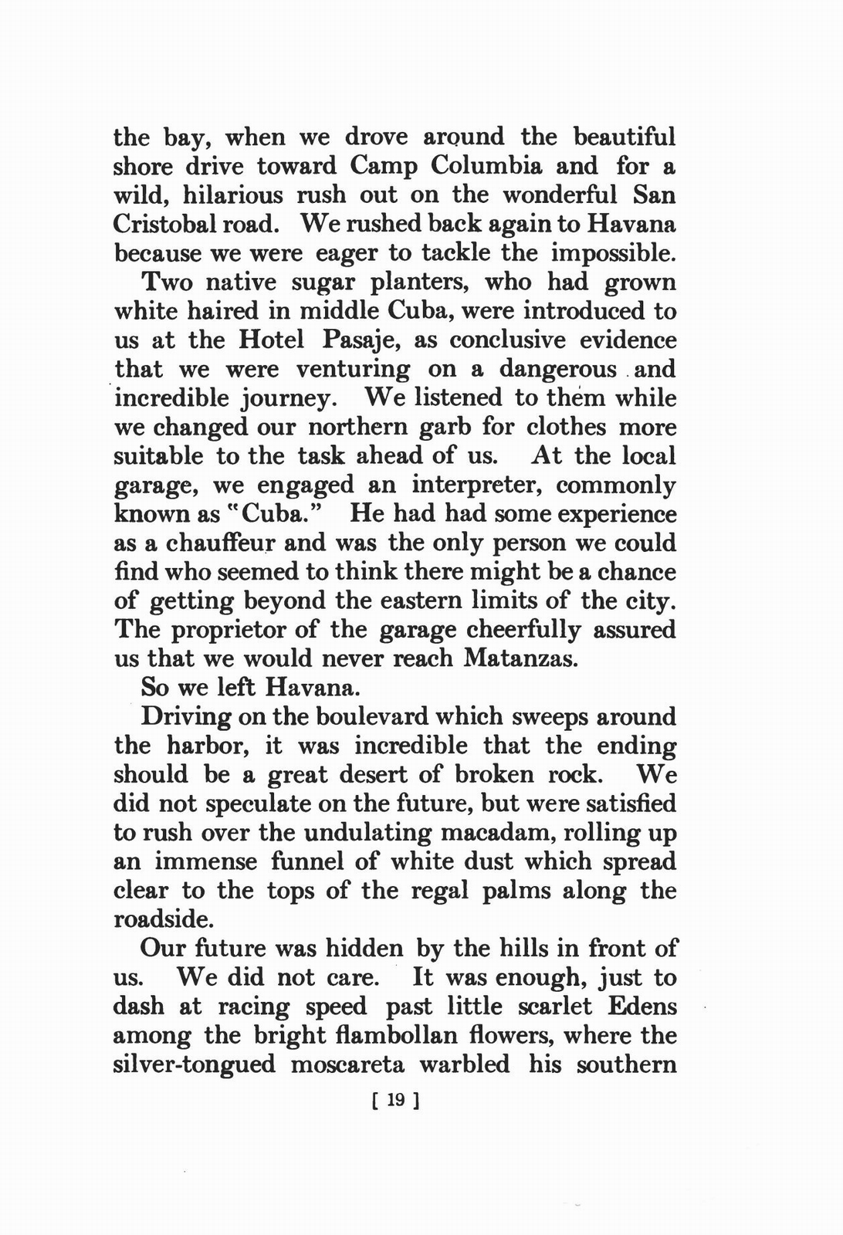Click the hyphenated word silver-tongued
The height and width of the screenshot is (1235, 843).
pos(195,1065)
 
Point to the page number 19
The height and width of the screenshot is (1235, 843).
pos(395,1101)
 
